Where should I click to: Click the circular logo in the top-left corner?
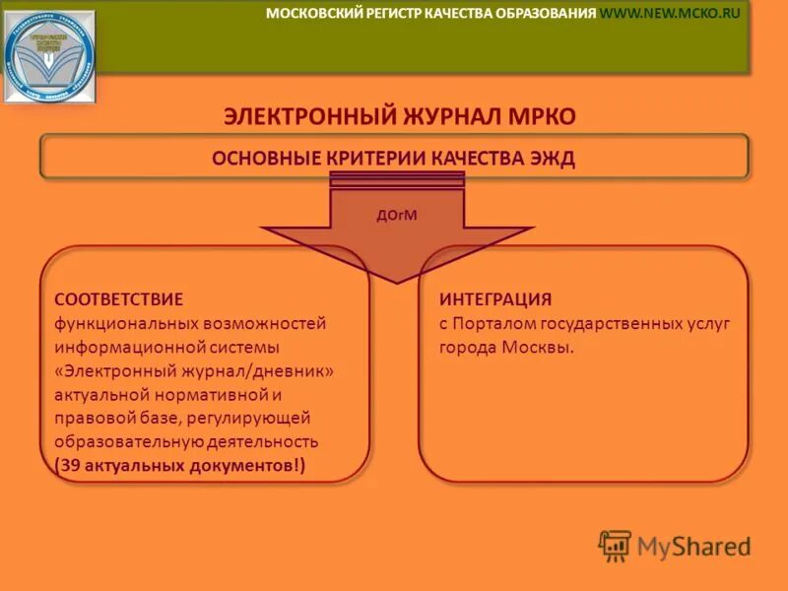(x=49, y=56)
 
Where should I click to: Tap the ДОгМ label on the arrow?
(x=397, y=215)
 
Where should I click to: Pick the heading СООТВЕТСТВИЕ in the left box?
(x=118, y=299)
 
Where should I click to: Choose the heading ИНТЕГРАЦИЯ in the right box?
(x=495, y=299)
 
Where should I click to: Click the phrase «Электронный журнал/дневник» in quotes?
(x=194, y=370)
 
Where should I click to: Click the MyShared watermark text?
(x=693, y=547)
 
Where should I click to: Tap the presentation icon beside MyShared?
(x=615, y=546)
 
